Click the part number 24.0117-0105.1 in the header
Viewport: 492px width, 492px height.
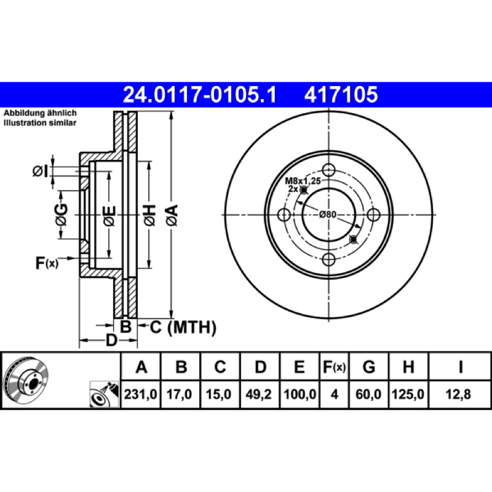point(199,95)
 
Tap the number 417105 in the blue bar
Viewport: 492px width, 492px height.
point(341,95)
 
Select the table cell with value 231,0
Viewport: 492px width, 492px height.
point(141,394)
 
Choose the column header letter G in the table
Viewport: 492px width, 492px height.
point(368,367)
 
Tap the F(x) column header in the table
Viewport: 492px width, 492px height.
point(334,367)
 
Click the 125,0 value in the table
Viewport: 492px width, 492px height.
point(408,394)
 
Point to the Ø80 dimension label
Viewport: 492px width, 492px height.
point(327,215)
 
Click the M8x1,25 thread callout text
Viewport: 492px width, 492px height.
point(303,181)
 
